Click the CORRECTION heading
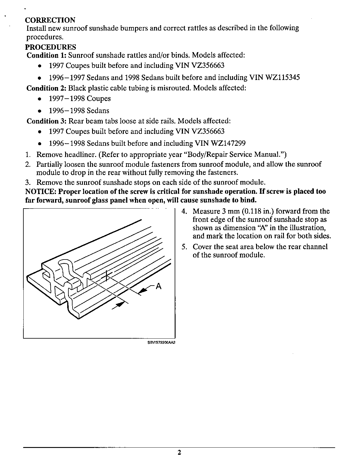50,20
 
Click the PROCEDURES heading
50,47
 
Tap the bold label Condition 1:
46,55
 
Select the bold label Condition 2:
46,88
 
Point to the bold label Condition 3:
46,121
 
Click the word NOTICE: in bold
40,191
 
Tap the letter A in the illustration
158,286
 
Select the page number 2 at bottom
179,453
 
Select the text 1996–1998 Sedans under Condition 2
79,111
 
